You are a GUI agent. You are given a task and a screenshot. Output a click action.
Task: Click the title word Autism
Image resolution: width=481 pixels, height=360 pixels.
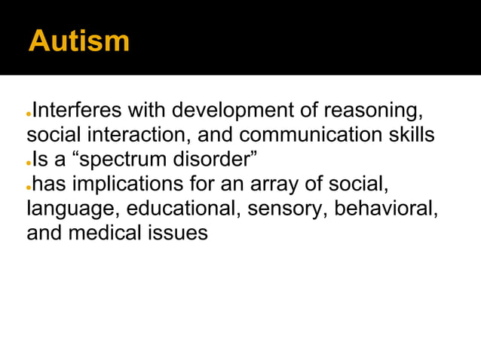78,41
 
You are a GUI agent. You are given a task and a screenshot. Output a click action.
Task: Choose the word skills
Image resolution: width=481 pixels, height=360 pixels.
407,136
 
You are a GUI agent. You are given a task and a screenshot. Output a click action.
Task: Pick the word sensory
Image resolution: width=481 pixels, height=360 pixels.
283,209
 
